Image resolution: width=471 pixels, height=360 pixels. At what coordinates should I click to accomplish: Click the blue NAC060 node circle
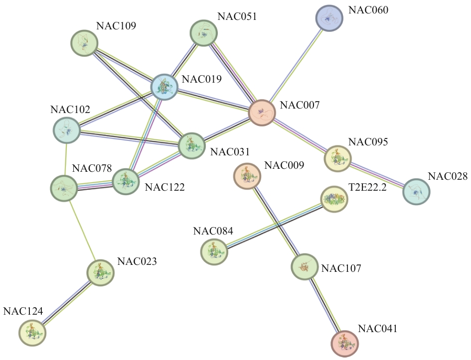(329, 19)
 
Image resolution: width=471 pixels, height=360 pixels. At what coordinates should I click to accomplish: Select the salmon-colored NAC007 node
(262, 113)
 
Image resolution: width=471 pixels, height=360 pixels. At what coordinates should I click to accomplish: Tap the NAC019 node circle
(164, 87)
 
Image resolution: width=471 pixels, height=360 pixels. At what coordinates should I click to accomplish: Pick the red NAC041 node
(344, 343)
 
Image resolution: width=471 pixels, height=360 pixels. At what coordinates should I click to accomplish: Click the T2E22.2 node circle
(333, 199)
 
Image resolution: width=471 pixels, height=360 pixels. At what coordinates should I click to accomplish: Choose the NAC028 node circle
(416, 192)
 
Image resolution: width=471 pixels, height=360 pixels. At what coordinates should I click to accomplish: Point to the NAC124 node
(32, 332)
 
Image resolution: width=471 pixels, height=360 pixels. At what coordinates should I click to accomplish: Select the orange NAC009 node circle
(247, 176)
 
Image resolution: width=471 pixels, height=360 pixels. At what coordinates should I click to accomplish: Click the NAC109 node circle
(84, 42)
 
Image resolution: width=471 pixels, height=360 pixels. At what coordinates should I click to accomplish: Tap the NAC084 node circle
(214, 251)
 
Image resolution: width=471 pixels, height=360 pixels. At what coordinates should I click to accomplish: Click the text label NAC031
(229, 151)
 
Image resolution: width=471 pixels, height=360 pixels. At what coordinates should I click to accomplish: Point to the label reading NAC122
(164, 188)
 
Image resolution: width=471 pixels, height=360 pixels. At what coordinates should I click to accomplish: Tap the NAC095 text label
(368, 142)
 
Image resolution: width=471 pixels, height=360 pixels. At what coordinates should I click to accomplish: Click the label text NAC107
(341, 269)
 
